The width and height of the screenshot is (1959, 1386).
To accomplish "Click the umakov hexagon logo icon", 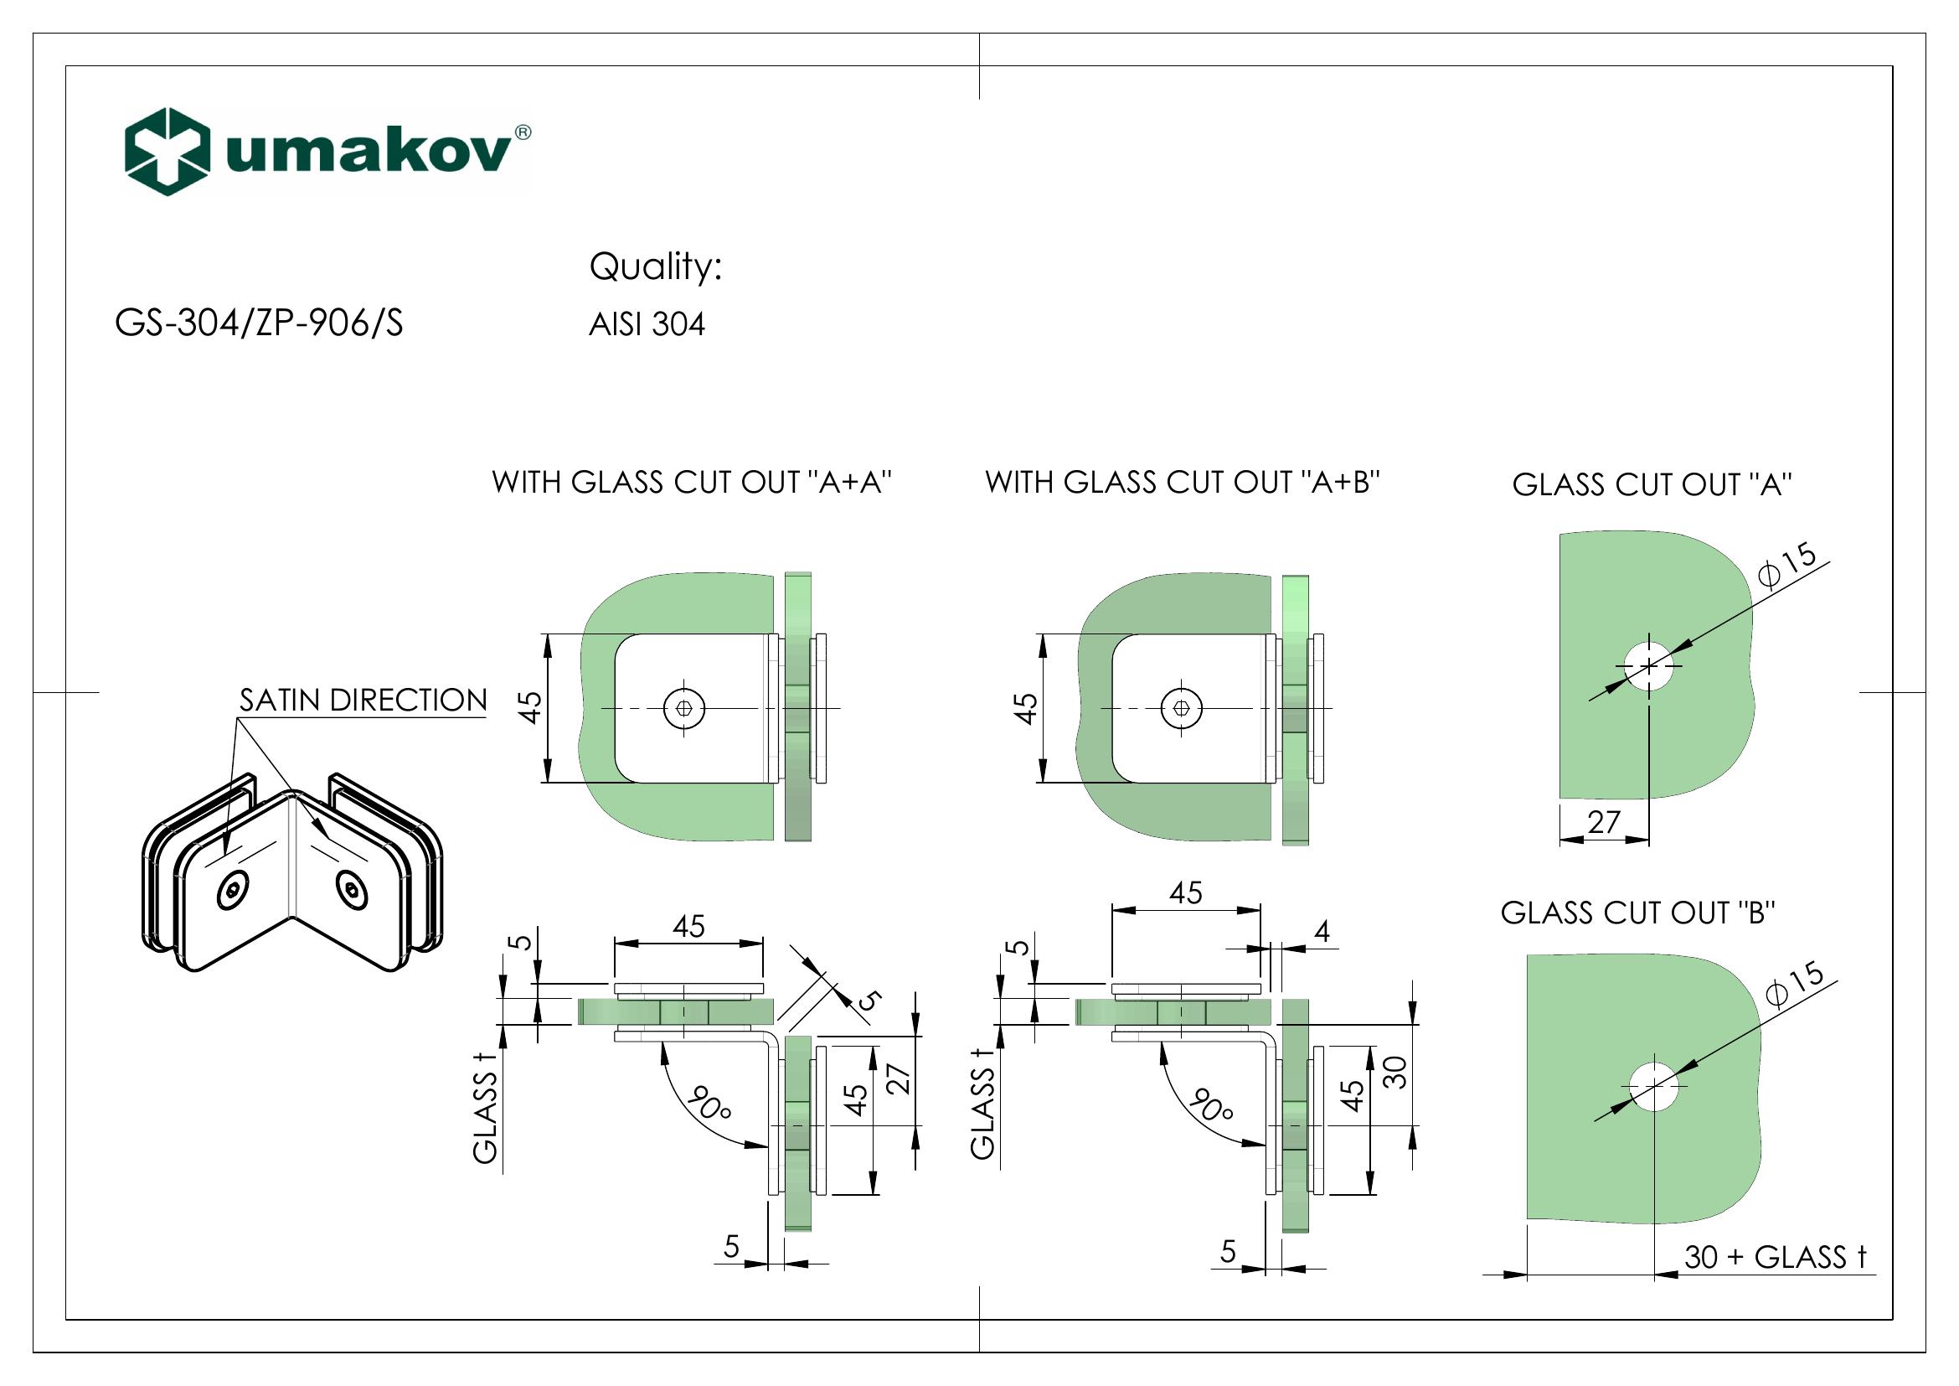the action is [x=168, y=152].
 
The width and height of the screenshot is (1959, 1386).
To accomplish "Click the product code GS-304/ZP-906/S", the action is [x=259, y=324].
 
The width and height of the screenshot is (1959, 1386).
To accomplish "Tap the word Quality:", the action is [x=655, y=267].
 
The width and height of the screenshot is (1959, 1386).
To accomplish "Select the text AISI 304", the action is [x=647, y=325].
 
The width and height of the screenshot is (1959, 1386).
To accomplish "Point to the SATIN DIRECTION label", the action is [x=363, y=701].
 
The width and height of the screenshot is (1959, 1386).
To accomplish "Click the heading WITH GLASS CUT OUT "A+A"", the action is [x=692, y=483].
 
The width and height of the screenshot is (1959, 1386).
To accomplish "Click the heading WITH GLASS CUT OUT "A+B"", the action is [x=1183, y=483].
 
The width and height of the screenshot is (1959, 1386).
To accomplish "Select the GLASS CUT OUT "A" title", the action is [x=1652, y=484].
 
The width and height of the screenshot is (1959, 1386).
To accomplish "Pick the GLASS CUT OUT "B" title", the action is [x=1638, y=913].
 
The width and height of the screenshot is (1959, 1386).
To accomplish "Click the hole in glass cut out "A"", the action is [x=1648, y=665].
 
